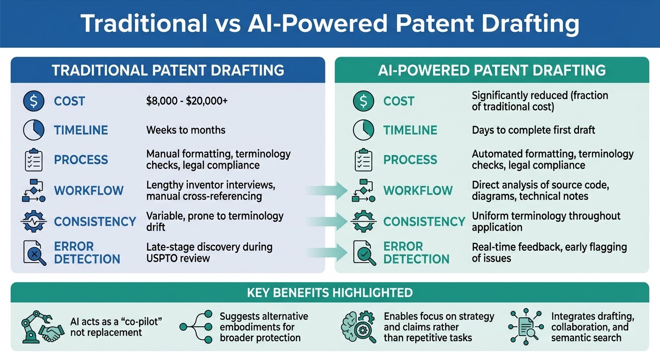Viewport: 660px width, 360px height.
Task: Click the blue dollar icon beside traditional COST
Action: (34, 101)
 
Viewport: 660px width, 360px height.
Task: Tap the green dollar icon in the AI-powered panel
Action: (364, 101)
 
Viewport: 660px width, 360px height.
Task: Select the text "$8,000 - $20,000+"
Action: (187, 101)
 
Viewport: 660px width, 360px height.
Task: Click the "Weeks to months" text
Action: (186, 130)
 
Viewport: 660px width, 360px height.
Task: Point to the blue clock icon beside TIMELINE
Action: (34, 130)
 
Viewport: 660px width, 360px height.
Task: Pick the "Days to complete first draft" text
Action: (533, 130)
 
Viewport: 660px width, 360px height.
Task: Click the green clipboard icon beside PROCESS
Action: (364, 160)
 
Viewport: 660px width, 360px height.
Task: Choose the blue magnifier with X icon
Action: (34, 253)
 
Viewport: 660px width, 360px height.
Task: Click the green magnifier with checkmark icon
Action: (364, 253)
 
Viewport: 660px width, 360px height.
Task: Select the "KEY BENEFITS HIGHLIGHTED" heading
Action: (330, 293)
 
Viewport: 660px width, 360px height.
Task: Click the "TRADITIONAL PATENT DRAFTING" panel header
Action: (168, 70)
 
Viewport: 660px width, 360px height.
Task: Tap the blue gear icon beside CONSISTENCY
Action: (34, 222)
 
